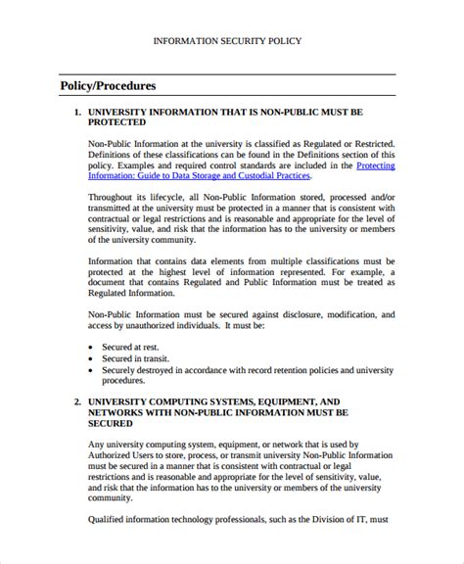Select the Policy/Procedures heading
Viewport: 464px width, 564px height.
coord(108,86)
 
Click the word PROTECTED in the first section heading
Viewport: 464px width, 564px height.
coord(117,123)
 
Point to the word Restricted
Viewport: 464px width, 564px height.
coord(366,143)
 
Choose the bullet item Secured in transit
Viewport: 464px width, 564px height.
coord(137,359)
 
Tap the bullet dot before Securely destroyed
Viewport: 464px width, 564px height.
coord(91,372)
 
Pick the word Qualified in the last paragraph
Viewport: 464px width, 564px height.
coord(109,521)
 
